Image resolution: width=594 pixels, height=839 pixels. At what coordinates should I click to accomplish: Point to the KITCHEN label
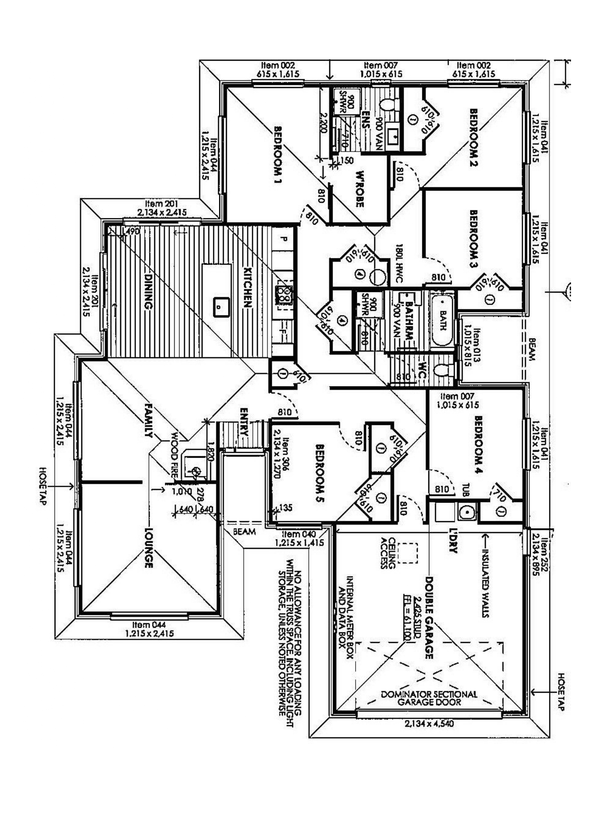pos(247,287)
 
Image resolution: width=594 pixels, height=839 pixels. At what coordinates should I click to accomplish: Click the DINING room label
pos(148,291)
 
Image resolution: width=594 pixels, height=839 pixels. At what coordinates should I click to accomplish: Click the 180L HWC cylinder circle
pos(378,277)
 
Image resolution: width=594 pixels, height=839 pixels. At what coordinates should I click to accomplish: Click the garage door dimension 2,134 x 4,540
pos(429,723)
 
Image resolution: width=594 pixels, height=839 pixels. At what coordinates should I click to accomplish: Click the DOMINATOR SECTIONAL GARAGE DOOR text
pos(429,698)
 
